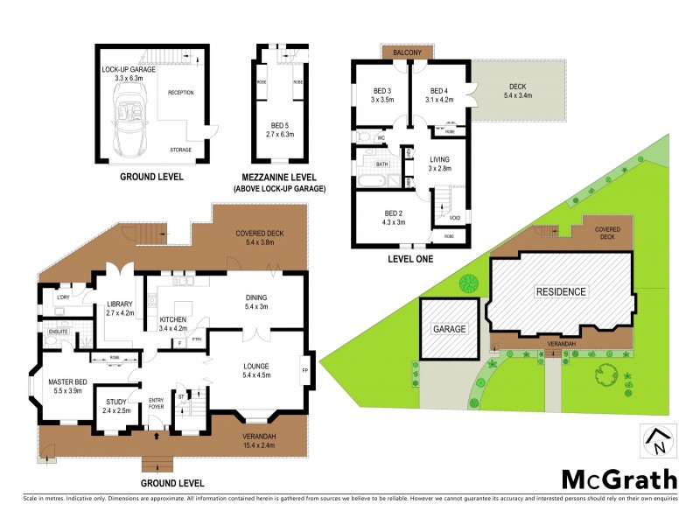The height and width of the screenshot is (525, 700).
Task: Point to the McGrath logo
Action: (619, 479)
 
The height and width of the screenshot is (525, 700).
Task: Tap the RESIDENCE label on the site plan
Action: (561, 291)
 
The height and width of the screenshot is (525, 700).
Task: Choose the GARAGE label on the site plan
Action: (449, 329)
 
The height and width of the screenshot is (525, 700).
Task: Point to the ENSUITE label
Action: (59, 332)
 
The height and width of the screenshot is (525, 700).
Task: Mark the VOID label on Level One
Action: (454, 217)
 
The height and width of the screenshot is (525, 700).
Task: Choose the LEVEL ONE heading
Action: (409, 260)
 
